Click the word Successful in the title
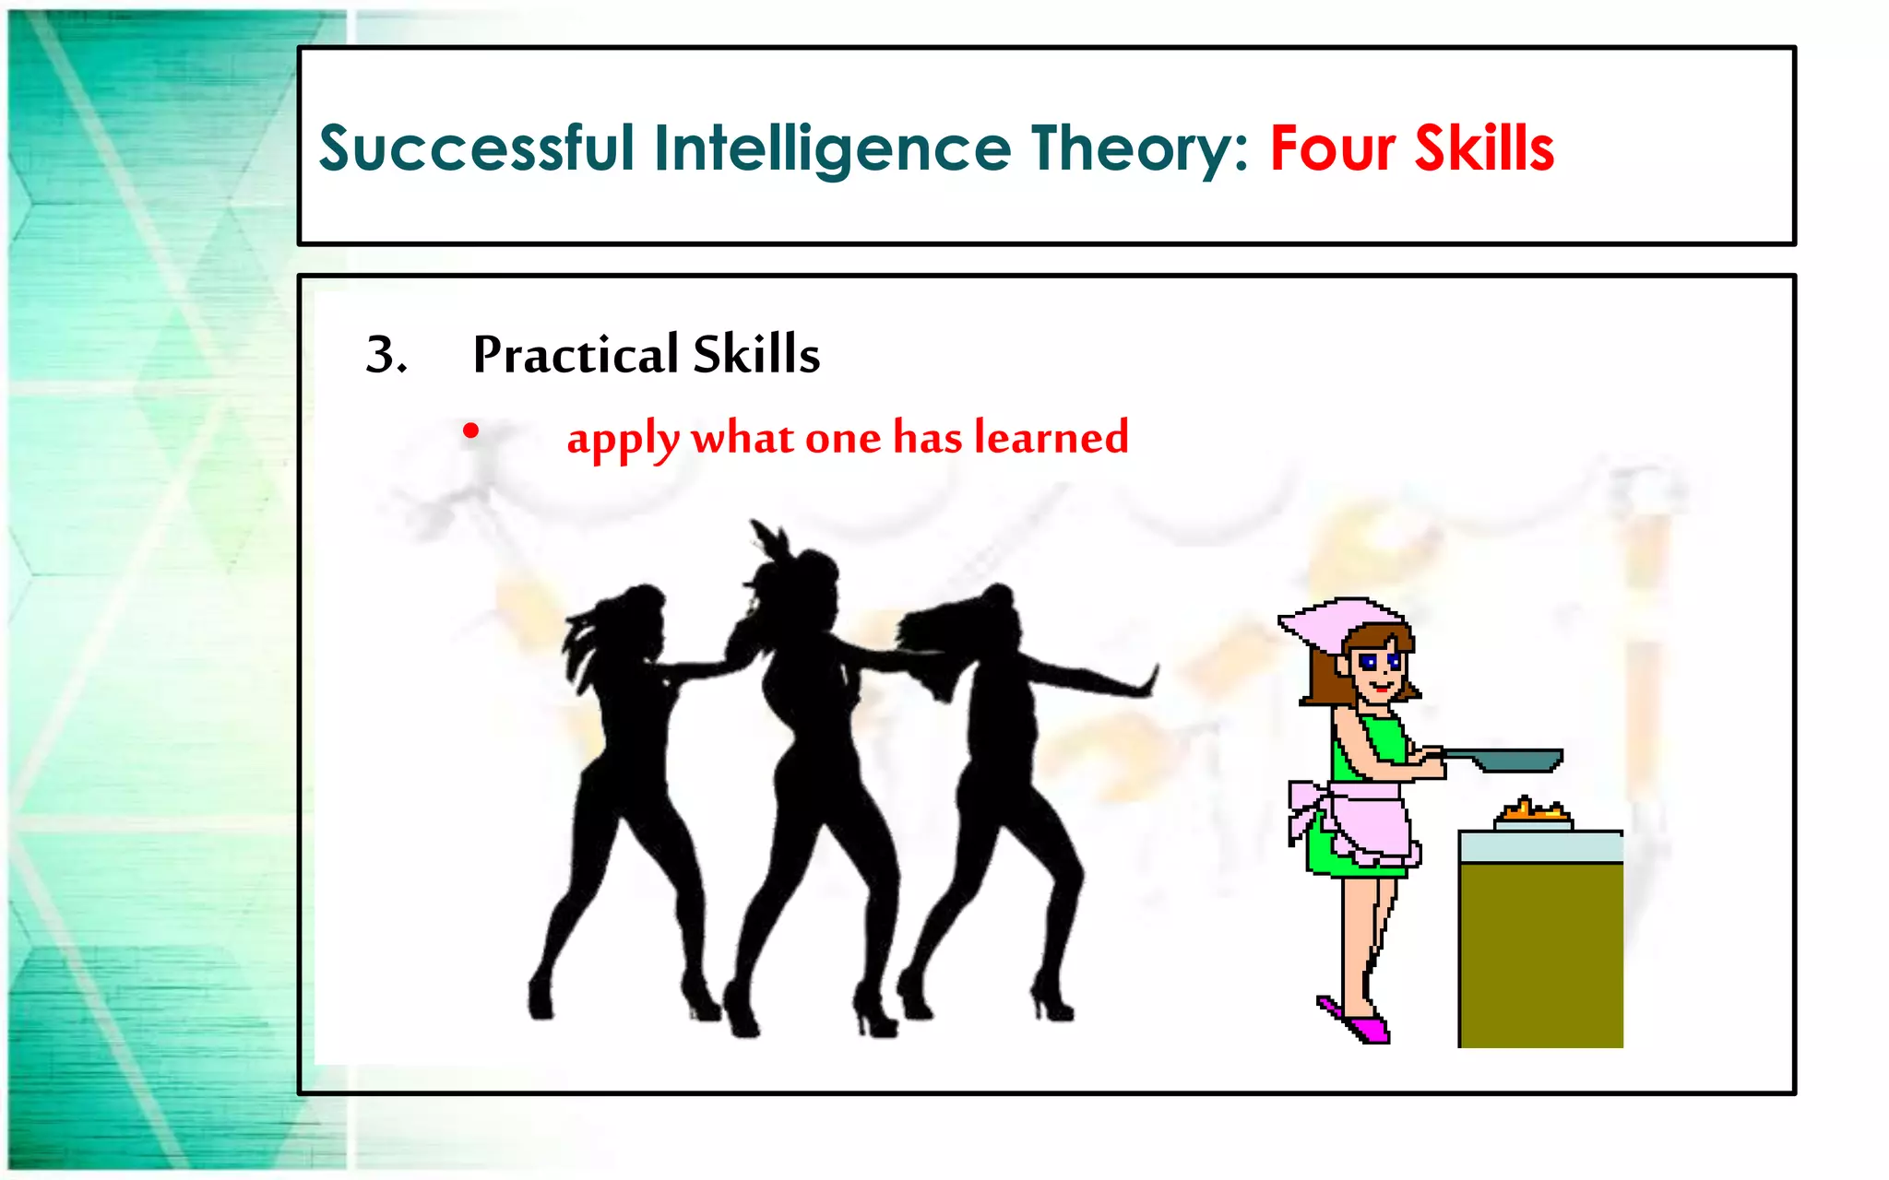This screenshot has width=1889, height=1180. [477, 149]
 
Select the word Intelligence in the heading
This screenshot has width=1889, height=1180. [832, 149]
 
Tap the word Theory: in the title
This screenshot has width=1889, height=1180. [1140, 149]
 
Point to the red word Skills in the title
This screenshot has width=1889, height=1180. [1484, 149]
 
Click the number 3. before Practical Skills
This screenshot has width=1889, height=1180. [386, 355]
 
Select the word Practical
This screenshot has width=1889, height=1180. [576, 355]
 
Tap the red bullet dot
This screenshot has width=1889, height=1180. [471, 431]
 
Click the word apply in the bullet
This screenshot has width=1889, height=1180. [623, 439]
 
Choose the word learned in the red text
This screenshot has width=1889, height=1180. [1051, 437]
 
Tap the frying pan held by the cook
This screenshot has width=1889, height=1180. [1513, 760]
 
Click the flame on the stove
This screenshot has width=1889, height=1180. [1532, 811]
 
